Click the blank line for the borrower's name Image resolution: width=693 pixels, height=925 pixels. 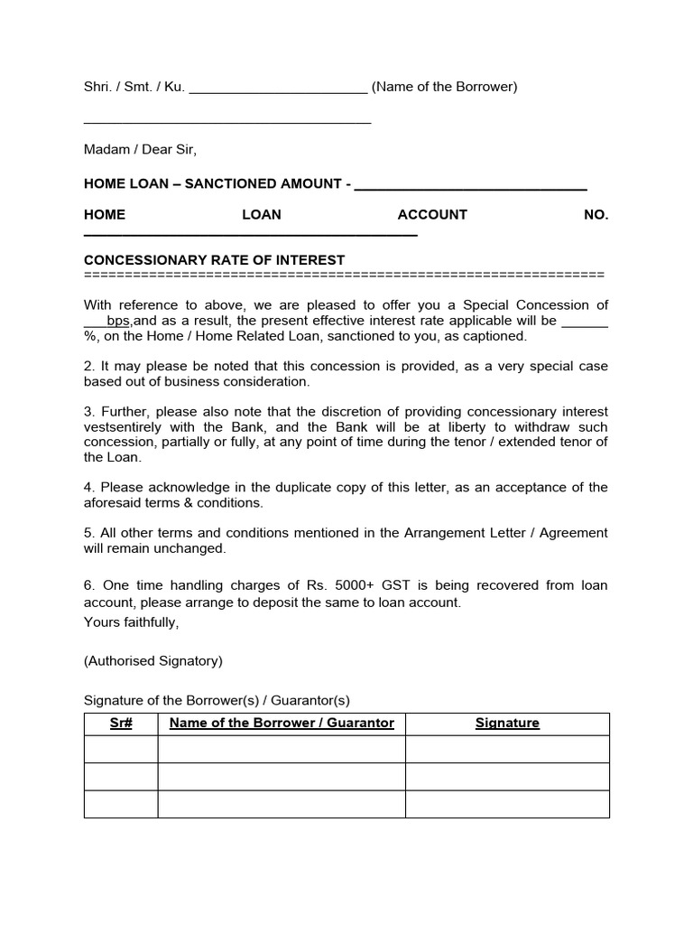(x=278, y=88)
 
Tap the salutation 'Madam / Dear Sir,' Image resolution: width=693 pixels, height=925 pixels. (x=140, y=149)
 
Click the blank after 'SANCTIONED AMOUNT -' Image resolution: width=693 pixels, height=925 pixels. (x=470, y=184)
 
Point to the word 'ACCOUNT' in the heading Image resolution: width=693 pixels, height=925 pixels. (x=432, y=215)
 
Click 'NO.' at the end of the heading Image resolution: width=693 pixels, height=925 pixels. (x=596, y=215)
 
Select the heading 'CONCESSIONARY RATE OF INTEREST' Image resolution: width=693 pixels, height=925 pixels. (x=214, y=260)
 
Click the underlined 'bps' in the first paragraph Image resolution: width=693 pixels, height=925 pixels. (x=119, y=321)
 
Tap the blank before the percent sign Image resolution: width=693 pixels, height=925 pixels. (x=584, y=321)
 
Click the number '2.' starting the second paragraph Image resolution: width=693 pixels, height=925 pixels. (x=89, y=367)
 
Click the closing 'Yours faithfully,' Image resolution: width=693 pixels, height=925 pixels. (x=131, y=621)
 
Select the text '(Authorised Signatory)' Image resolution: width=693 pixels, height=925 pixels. (x=152, y=661)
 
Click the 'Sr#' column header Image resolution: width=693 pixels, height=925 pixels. (x=121, y=724)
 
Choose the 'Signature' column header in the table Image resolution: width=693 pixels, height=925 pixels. (x=507, y=724)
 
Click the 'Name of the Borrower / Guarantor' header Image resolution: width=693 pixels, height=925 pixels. (x=282, y=724)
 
